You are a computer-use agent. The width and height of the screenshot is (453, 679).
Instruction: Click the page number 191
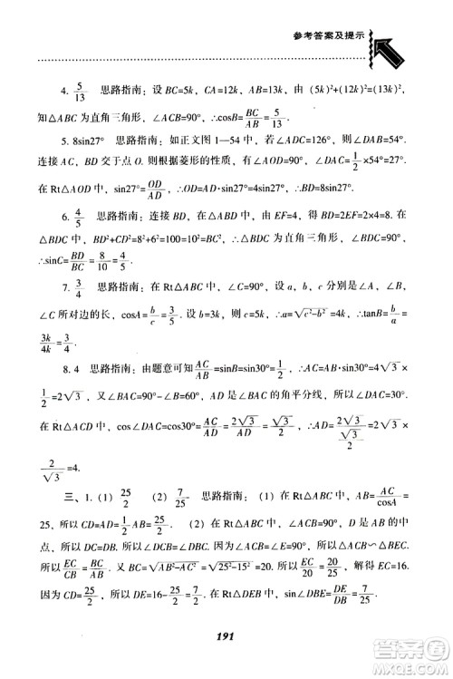point(226,636)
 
